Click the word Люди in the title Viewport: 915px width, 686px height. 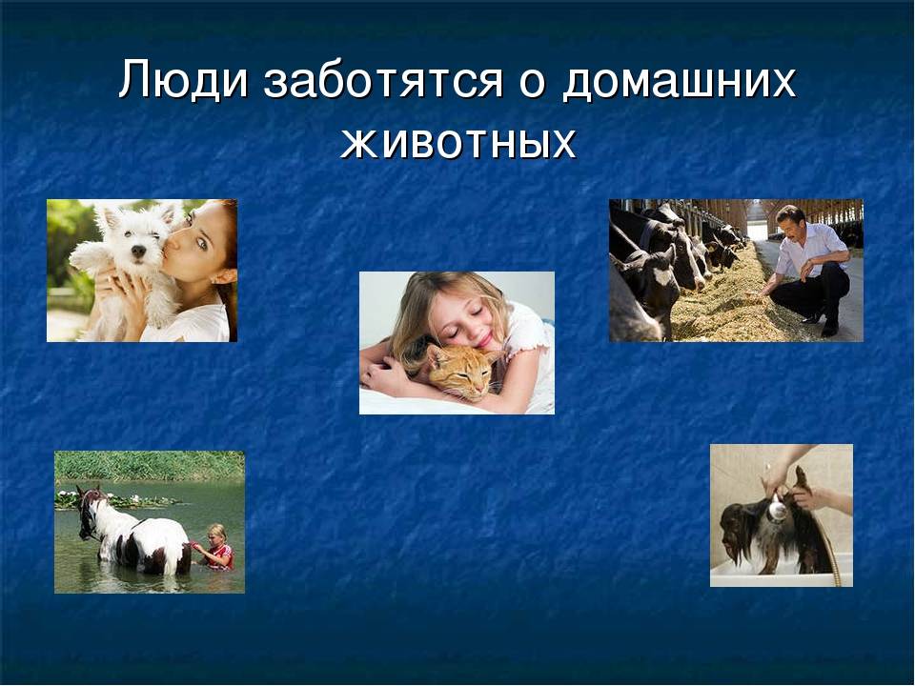183,79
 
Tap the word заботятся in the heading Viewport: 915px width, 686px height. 383,80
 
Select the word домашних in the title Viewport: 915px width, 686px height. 680,81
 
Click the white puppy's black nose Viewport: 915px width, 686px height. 138,251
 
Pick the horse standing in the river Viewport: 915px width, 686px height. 132,532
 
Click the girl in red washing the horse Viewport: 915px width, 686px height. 216,547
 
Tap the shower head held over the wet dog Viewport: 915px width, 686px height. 777,509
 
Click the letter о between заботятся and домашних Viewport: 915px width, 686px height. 532,83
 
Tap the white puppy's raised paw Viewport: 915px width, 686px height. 88,255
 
